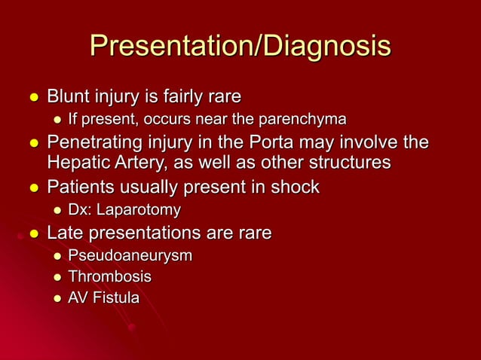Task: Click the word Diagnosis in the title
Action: click(x=326, y=47)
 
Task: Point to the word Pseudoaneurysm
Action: click(x=130, y=256)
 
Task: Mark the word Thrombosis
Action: click(x=110, y=277)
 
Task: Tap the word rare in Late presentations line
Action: click(x=253, y=233)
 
